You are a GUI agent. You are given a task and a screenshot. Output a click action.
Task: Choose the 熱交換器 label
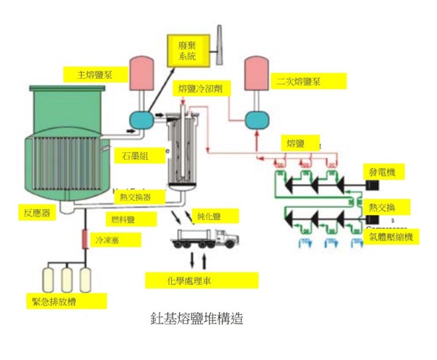[x=135, y=197]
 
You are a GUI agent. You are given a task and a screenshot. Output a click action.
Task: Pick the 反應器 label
[x=36, y=211]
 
